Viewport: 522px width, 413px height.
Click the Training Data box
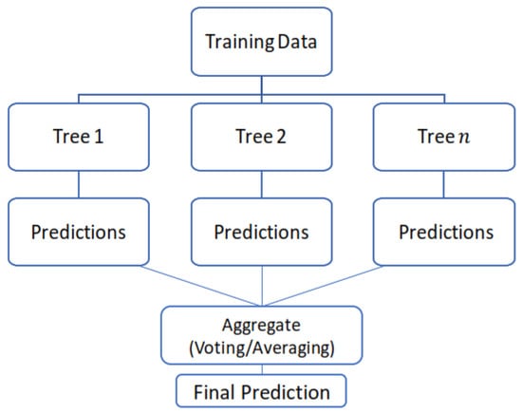pos(262,42)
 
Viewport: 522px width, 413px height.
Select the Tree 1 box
pos(79,137)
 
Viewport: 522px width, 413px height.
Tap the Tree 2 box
pos(262,137)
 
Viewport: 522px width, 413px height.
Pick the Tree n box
pos(444,137)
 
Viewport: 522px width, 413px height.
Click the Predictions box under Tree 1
pos(79,232)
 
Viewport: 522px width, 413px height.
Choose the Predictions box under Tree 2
pos(262,232)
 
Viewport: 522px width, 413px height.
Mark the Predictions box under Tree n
pos(444,232)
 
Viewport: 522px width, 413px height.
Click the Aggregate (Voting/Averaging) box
pos(262,335)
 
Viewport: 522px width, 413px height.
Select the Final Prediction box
pos(261,391)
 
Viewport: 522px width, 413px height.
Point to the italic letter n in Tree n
pos(464,137)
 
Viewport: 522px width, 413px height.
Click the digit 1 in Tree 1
pos(99,137)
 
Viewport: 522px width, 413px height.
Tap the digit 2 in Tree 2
pos(281,137)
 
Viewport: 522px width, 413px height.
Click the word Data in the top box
pos(297,42)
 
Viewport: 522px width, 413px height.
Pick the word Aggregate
pos(261,327)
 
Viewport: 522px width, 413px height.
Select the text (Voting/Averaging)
pos(262,348)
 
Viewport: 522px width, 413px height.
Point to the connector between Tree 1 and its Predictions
pos(79,184)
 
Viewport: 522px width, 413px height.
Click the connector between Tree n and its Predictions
pos(444,184)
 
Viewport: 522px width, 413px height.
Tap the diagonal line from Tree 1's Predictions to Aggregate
pos(200,286)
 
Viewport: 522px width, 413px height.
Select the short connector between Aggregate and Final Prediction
pos(262,369)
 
